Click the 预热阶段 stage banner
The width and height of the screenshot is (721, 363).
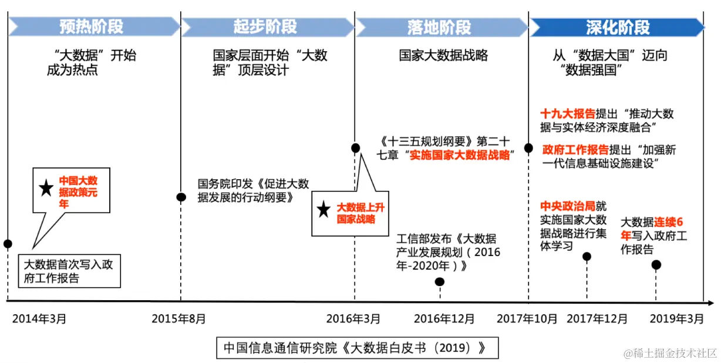(x=92, y=26)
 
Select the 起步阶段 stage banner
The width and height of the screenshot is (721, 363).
(x=265, y=26)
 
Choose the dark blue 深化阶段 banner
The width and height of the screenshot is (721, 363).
(x=616, y=26)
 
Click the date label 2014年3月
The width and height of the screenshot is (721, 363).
(x=39, y=319)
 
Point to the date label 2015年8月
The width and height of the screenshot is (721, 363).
(x=179, y=319)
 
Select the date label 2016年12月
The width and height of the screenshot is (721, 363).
(x=444, y=319)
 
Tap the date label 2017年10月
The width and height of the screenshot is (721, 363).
(x=527, y=319)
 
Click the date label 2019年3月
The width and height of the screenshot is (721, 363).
(x=676, y=319)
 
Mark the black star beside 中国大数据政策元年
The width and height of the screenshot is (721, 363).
(x=45, y=189)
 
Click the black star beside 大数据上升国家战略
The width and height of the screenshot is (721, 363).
(x=323, y=210)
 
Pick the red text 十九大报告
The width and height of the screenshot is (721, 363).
(x=568, y=113)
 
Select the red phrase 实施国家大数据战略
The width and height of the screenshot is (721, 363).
(x=459, y=156)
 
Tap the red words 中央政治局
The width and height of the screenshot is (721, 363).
(x=567, y=207)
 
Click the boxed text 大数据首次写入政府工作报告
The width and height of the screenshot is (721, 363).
(x=69, y=271)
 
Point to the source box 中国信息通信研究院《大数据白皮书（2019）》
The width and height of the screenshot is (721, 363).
(x=357, y=347)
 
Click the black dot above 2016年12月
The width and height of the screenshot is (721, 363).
(x=440, y=282)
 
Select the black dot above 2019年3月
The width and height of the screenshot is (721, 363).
(x=656, y=265)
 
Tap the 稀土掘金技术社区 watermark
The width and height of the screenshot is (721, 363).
(x=671, y=353)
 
